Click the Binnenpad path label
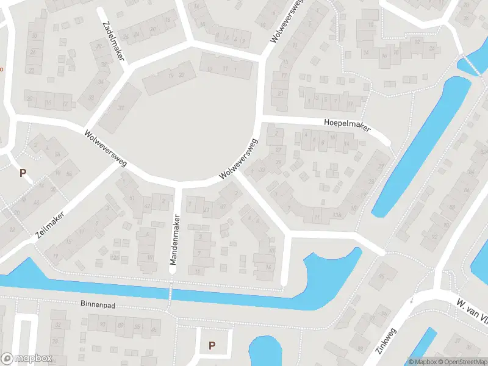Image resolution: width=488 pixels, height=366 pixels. [x=97, y=303]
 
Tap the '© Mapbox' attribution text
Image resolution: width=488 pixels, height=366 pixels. [x=422, y=362]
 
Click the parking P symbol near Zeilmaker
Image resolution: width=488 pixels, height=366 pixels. [x=23, y=173]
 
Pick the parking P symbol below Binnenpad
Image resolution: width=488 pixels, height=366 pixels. [x=212, y=345]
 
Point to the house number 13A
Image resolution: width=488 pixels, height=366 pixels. [x=337, y=215]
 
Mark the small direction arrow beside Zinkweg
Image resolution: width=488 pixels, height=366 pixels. [x=412, y=300]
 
